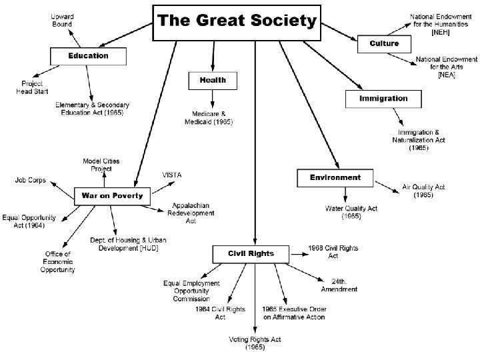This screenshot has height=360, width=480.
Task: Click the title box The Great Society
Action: [236, 23]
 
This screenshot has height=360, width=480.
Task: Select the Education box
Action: [88, 55]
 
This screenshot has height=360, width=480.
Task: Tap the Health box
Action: [213, 80]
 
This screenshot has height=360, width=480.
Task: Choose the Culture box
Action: [384, 43]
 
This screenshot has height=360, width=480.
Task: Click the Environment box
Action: [335, 178]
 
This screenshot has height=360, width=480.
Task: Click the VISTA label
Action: [172, 175]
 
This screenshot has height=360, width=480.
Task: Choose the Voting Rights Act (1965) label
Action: [255, 343]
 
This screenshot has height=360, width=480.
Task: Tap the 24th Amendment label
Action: [339, 285]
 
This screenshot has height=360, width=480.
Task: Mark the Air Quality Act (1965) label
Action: [423, 191]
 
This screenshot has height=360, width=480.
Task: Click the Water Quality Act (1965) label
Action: [351, 212]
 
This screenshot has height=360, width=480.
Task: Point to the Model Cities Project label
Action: [97, 165]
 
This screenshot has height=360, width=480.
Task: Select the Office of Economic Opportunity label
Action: [60, 261]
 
